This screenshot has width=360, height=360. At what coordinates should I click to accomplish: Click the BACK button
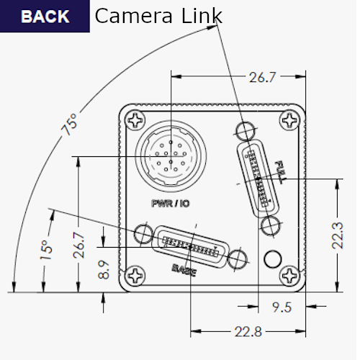(45, 16)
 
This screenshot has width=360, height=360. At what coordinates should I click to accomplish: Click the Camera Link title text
(158, 16)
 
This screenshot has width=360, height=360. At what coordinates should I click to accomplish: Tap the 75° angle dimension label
(70, 125)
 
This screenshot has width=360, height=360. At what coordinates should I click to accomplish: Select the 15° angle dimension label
(46, 250)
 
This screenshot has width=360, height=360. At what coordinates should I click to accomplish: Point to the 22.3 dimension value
(338, 235)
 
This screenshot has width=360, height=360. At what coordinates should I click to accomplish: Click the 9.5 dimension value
(282, 307)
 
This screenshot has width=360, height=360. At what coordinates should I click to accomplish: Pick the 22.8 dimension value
(248, 332)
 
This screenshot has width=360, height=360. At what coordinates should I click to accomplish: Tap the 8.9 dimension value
(104, 269)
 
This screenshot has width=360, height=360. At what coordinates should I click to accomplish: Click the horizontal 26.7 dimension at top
(262, 78)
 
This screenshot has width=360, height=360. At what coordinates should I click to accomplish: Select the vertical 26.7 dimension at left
(79, 245)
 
